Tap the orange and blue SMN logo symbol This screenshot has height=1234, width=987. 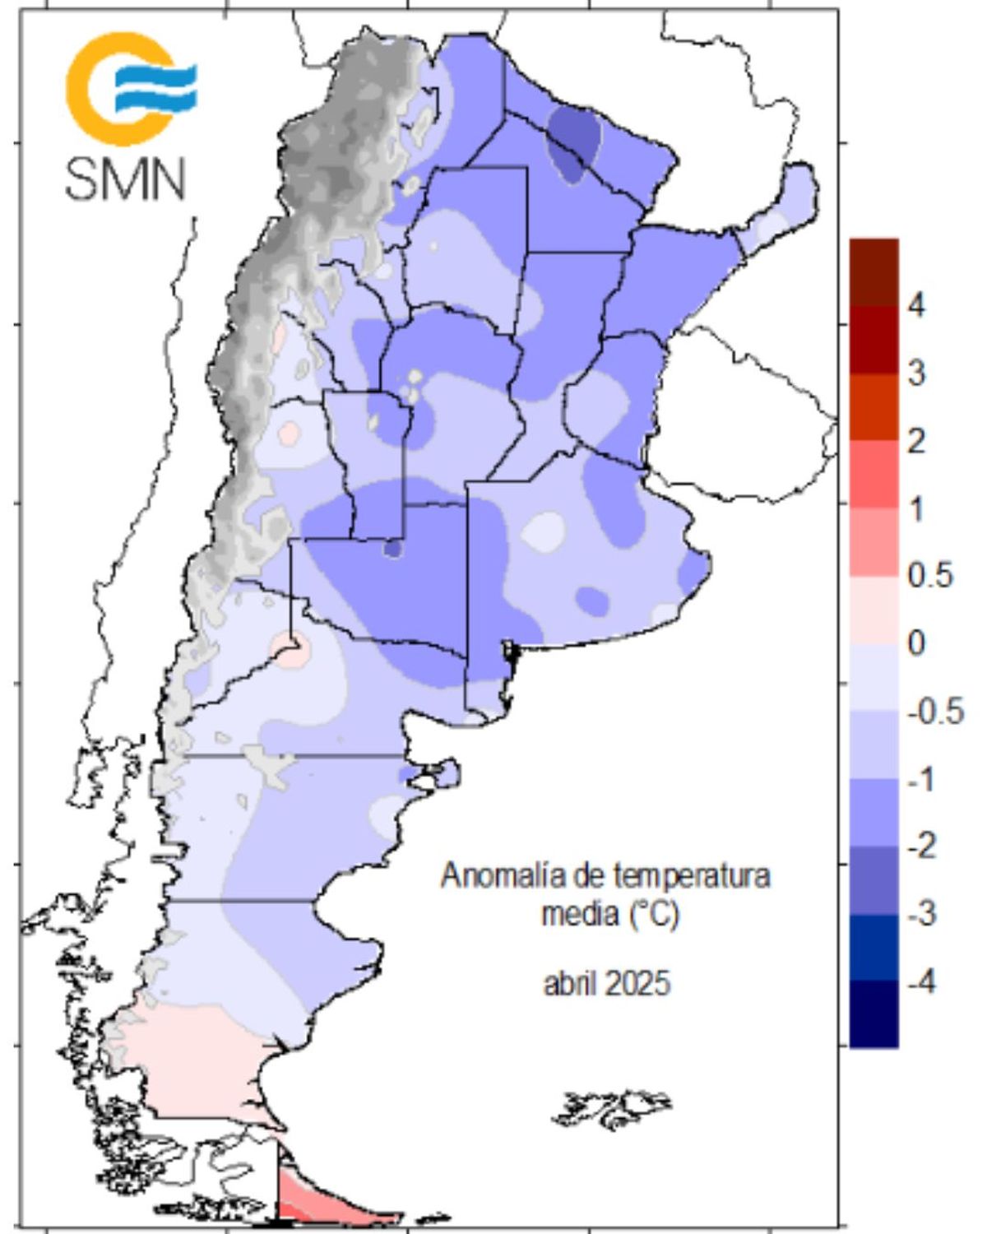tap(130, 88)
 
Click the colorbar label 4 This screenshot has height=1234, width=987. tap(916, 305)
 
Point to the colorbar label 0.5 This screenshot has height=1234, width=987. tap(930, 575)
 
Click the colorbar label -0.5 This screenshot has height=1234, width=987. tap(934, 711)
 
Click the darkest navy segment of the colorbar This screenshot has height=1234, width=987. tap(873, 1014)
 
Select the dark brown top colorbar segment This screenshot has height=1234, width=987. tap(873, 272)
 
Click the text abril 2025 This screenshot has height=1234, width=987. tap(607, 983)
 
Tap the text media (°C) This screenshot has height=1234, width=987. tap(609, 913)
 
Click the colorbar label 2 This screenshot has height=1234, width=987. tap(916, 441)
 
